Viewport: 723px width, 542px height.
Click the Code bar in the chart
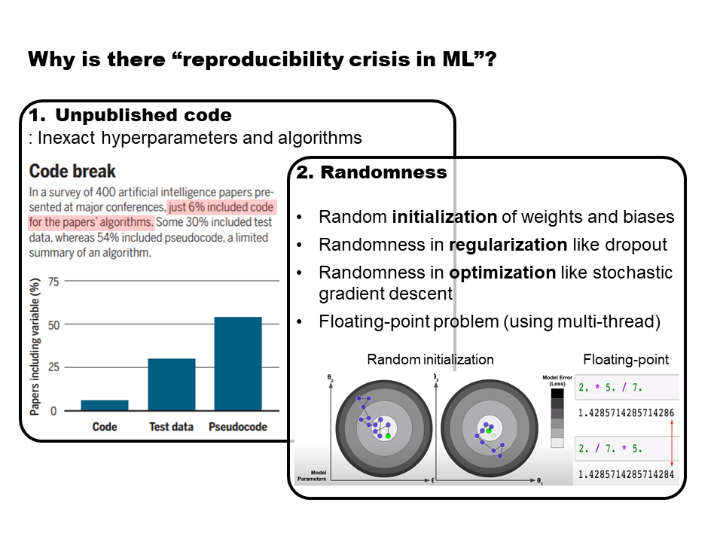point(105,405)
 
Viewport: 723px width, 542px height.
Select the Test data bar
point(172,385)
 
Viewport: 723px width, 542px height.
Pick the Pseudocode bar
point(238,364)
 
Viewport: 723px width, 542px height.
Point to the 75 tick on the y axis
point(53,282)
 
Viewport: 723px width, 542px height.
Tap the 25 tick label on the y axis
point(53,368)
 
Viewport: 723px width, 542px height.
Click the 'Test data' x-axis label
point(172,427)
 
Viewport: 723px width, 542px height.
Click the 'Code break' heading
point(72,171)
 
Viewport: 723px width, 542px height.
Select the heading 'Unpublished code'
point(143,115)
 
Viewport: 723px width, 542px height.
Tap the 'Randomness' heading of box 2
point(383,172)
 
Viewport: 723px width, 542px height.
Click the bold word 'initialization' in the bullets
point(444,218)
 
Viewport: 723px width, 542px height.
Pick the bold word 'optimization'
point(496,272)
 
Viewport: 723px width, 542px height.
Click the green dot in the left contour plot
point(388,436)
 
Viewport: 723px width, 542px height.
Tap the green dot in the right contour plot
point(489,430)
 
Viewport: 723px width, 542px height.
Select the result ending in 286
point(626,413)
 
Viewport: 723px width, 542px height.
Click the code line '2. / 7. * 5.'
point(611,449)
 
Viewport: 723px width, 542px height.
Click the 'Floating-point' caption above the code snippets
point(626,360)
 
